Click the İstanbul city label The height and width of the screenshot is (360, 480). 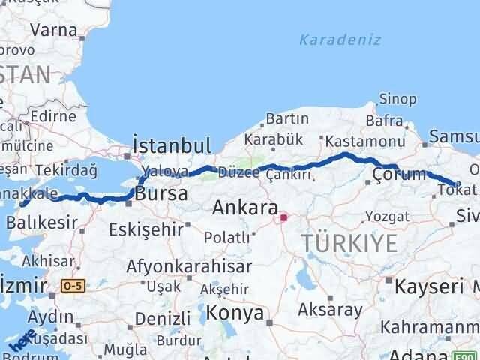[x=172, y=145]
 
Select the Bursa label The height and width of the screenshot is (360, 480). [x=160, y=194]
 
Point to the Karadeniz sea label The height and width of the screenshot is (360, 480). [x=340, y=40]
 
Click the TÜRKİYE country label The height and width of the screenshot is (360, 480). [x=349, y=242]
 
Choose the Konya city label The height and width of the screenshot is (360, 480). [x=235, y=312]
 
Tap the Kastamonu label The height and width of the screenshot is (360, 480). [x=355, y=140]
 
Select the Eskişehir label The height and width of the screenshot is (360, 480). [x=145, y=229]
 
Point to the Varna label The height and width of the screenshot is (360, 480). [x=54, y=31]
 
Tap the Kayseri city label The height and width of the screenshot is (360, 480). [x=430, y=286]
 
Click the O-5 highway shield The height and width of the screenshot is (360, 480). [x=73, y=286]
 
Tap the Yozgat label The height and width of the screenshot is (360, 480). [x=387, y=217]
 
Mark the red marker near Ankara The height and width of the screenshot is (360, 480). [x=283, y=219]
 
